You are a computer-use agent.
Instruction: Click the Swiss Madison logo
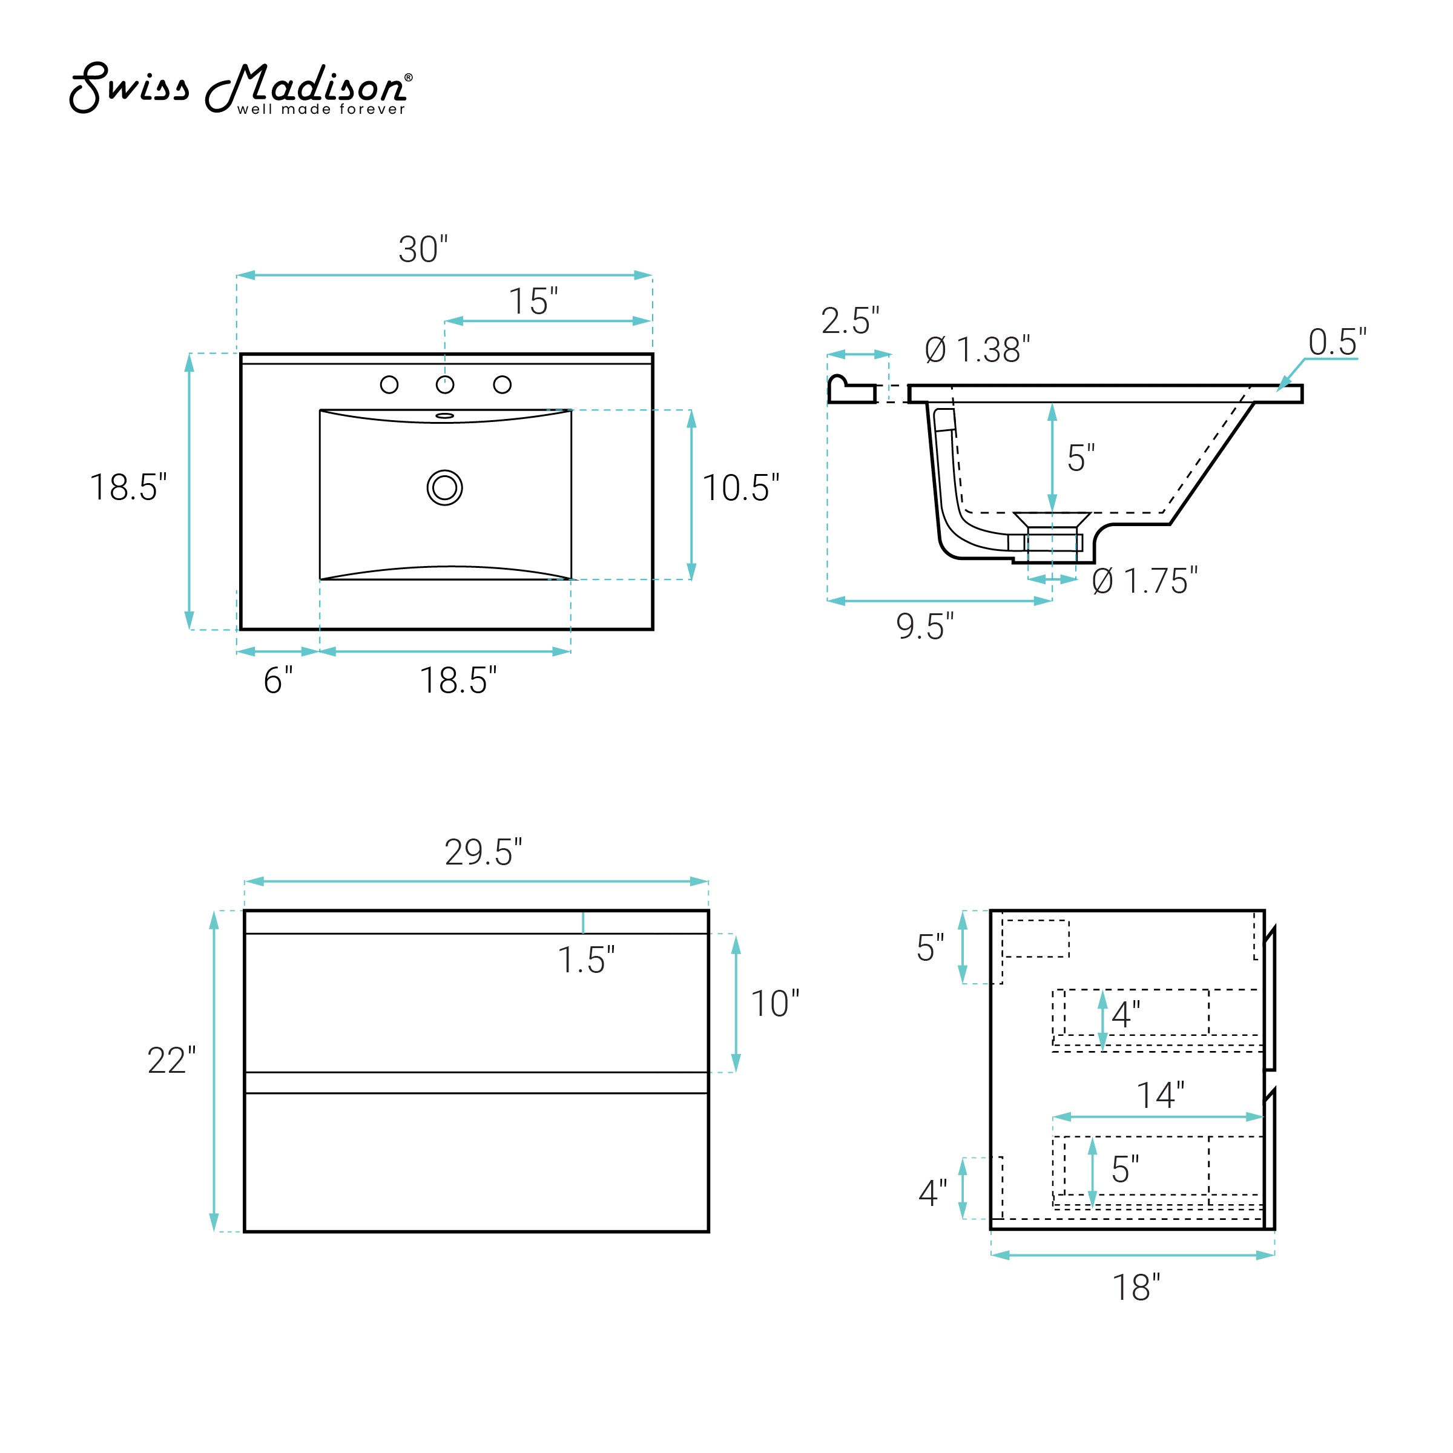241,88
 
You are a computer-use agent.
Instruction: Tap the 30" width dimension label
423,249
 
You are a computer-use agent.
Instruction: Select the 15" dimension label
533,301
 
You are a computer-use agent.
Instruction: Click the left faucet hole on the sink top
389,385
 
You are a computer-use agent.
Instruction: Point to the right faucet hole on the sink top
502,385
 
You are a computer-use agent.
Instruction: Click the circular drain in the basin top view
444,488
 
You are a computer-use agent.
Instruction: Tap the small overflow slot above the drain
444,416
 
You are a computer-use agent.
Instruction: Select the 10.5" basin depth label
741,488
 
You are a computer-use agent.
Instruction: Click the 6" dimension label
277,680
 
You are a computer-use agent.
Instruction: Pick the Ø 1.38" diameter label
977,350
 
